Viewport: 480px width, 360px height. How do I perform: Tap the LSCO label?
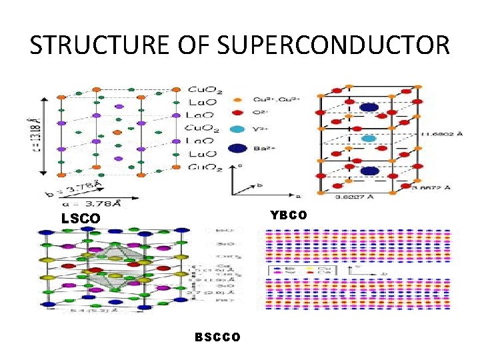(x=81, y=218)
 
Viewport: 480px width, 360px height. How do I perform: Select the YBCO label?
(x=289, y=215)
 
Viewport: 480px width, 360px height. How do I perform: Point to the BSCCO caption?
(x=218, y=337)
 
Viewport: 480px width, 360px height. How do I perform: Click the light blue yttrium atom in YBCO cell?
(x=369, y=138)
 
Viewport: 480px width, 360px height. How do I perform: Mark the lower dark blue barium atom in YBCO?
(x=369, y=171)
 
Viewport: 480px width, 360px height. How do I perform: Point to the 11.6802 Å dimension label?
(x=441, y=134)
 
